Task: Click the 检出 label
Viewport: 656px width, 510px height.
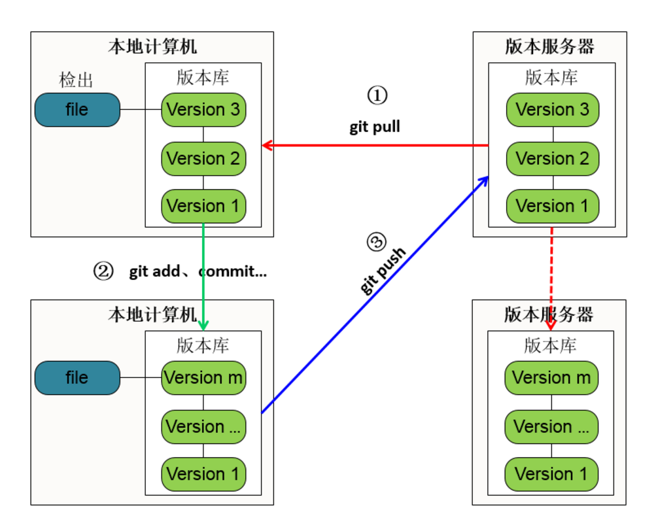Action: [x=76, y=80]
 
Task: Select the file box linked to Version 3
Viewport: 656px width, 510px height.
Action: [x=77, y=110]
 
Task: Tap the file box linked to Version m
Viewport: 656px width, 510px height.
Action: [x=77, y=378]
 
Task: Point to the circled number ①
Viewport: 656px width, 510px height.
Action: [x=377, y=96]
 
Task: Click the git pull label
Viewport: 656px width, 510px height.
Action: [x=374, y=127]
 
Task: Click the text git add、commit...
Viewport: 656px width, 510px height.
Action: [x=198, y=271]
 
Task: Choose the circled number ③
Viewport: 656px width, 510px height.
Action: [x=375, y=243]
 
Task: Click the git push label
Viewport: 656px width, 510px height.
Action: [x=383, y=271]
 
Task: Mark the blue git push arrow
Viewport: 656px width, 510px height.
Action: [x=375, y=295]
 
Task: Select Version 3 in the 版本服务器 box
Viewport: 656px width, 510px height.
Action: [x=552, y=110]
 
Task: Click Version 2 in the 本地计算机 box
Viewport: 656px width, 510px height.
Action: [x=203, y=158]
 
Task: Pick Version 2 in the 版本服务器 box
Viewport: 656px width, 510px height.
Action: [x=552, y=158]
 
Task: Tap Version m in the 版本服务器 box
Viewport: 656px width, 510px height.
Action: [x=551, y=378]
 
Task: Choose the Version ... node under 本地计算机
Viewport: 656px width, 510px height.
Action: [x=203, y=426]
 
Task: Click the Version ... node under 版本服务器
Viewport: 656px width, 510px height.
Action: [x=551, y=426]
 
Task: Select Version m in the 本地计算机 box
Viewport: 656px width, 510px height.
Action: [x=203, y=378]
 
